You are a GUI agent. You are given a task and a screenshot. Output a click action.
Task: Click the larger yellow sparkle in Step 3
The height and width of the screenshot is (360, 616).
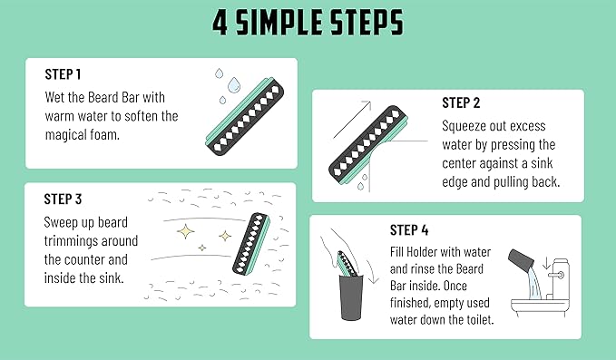click(x=190, y=233)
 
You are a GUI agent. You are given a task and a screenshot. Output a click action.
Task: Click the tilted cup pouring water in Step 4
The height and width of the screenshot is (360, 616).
click(x=524, y=264)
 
